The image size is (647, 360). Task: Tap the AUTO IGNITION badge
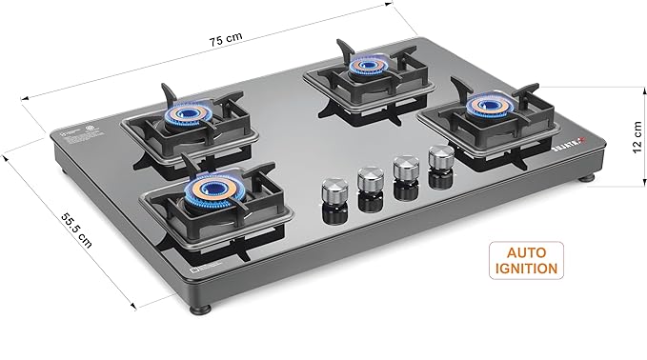coord(526,259)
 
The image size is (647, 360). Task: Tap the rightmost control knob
coord(440,158)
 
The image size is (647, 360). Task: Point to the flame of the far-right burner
coord(491,102)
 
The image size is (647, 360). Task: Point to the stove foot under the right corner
coord(587,176)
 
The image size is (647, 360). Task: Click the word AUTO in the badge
coord(526,250)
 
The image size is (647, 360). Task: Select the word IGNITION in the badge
coord(526,269)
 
